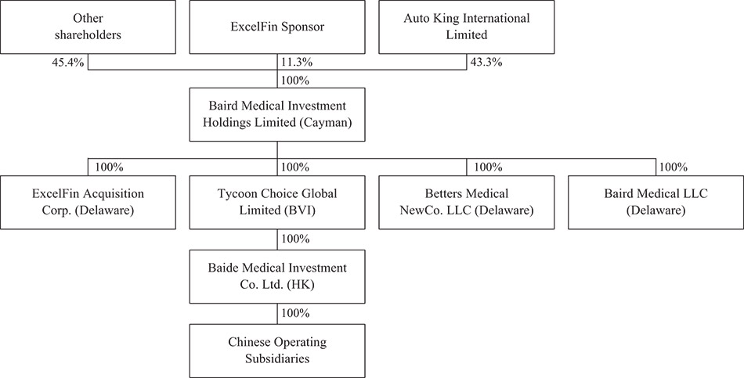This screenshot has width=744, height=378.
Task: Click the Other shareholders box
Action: tap(88, 27)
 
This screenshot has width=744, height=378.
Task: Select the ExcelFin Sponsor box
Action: tap(277, 27)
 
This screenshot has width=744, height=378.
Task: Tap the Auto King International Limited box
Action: tap(467, 27)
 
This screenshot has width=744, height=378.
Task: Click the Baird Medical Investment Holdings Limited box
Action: tap(277, 114)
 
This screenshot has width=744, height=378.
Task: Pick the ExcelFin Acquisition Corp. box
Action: tap(88, 203)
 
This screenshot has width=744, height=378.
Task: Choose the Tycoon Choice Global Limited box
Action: tap(277, 203)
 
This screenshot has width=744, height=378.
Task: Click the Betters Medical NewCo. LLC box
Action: tap(467, 203)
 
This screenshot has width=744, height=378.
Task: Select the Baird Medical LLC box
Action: tap(656, 203)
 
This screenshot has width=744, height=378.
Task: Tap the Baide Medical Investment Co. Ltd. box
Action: tap(277, 276)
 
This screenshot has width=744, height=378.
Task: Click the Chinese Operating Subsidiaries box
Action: tap(277, 351)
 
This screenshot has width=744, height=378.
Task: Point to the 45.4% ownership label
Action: tap(68, 62)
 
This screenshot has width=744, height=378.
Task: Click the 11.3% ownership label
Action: tap(296, 62)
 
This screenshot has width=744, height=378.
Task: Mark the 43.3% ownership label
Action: tap(486, 62)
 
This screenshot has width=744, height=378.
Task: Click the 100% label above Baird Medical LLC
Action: tap(673, 167)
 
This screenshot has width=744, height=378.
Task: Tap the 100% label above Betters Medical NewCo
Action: tap(488, 167)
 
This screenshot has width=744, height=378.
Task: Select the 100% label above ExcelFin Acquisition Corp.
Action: tap(110, 167)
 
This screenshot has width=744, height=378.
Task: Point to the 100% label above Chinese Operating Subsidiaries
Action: tap(295, 313)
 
